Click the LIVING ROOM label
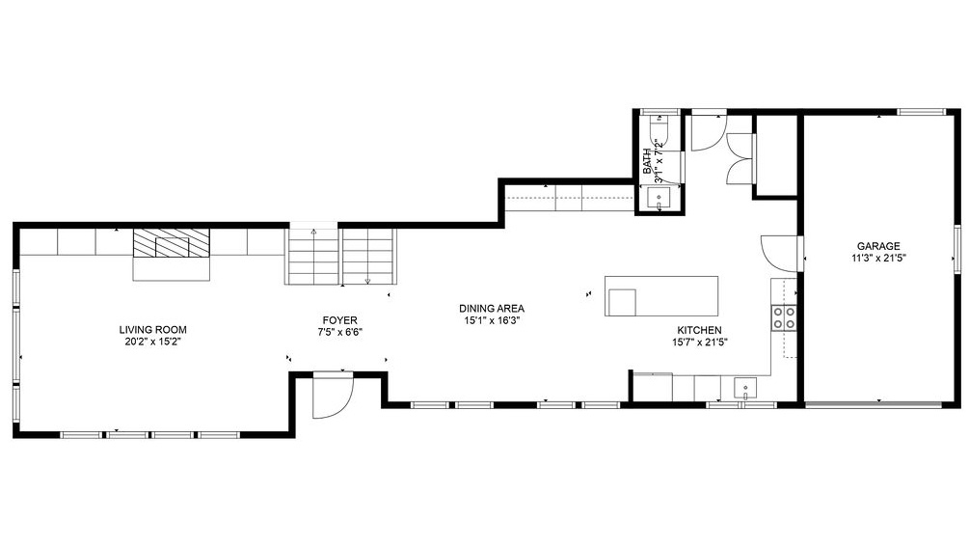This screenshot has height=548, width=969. (152, 329)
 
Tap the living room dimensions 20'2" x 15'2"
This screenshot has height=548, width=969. (152, 342)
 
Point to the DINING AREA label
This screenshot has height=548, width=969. (491, 309)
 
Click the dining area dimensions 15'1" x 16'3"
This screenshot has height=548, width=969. (491, 321)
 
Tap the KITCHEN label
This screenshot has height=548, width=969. (698, 330)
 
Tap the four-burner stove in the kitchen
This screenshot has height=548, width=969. (783, 316)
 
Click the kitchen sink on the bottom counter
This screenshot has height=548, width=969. (745, 389)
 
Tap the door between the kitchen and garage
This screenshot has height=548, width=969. (777, 253)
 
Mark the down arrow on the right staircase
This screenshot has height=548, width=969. (368, 281)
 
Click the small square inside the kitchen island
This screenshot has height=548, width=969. (621, 302)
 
